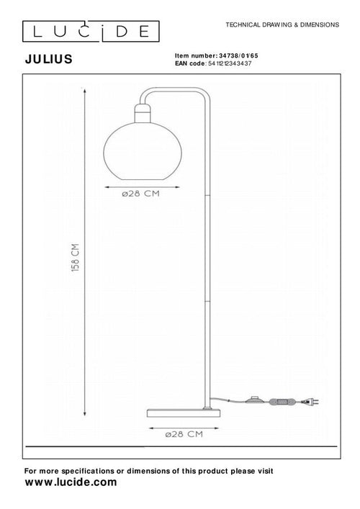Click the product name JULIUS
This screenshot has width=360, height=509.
pyautogui.click(x=48, y=60)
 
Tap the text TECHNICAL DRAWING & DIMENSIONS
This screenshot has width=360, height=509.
pyautogui.click(x=282, y=24)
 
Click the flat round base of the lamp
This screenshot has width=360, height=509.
pyautogui.click(x=183, y=413)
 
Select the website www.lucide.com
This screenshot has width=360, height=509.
pyautogui.click(x=71, y=483)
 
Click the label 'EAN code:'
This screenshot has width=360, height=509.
pyautogui.click(x=191, y=63)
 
